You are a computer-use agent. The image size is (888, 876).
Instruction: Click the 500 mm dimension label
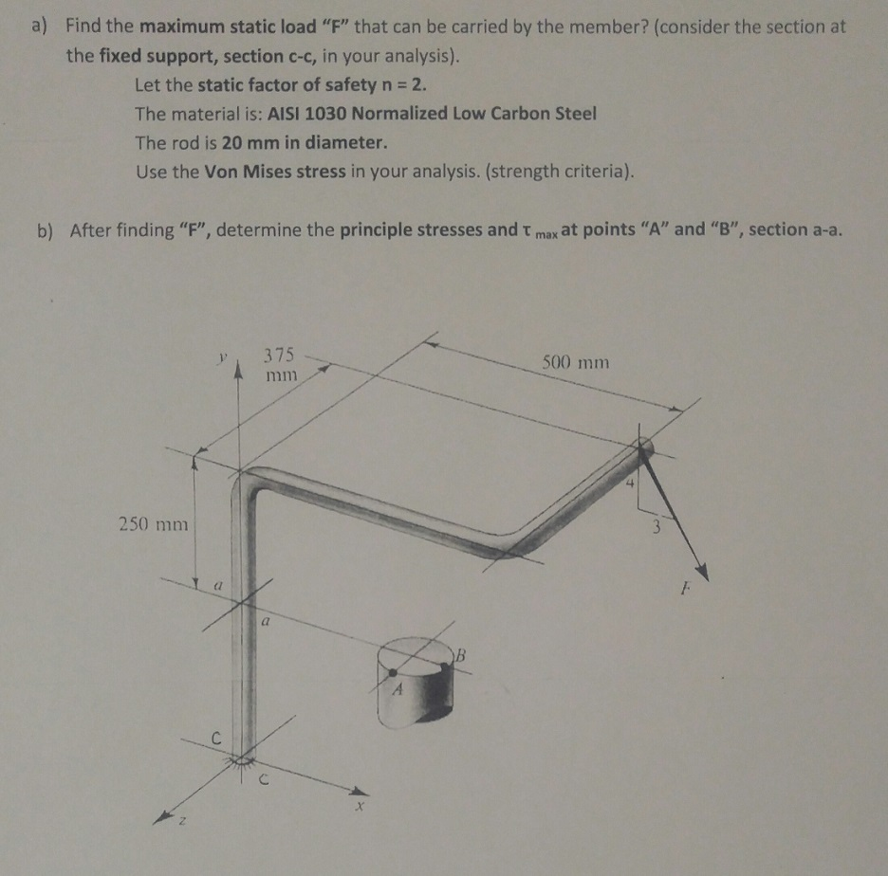(x=575, y=363)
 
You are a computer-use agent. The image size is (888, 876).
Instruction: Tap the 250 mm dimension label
(x=153, y=523)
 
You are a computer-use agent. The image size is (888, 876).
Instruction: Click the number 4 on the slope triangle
(x=628, y=486)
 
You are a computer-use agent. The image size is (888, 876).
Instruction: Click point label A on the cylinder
(x=399, y=693)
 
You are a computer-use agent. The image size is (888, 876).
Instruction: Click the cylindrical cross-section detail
(x=415, y=683)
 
